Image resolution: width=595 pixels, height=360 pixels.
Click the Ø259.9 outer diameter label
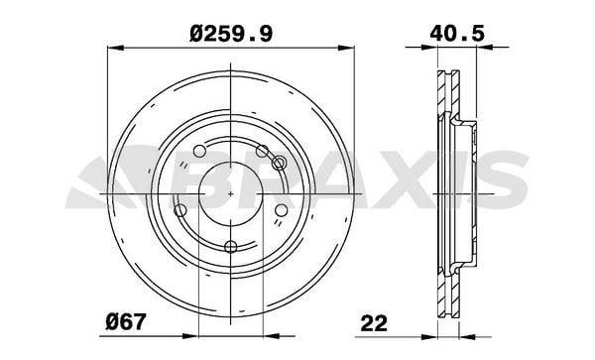point(231,34)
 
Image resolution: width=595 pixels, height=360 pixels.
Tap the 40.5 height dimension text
point(457,34)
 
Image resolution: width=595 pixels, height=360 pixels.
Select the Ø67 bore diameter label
point(125,322)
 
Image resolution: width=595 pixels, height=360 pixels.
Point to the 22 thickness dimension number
point(374,323)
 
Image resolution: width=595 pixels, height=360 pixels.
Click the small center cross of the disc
point(231,193)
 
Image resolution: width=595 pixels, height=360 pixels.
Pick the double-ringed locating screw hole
point(279,163)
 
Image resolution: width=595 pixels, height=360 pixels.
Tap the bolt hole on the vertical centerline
point(231,247)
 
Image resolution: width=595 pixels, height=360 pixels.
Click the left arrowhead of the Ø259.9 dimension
point(116,48)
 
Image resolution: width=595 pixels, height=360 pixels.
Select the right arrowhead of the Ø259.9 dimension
point(346,48)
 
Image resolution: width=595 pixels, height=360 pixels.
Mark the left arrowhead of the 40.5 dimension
point(429,47)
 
